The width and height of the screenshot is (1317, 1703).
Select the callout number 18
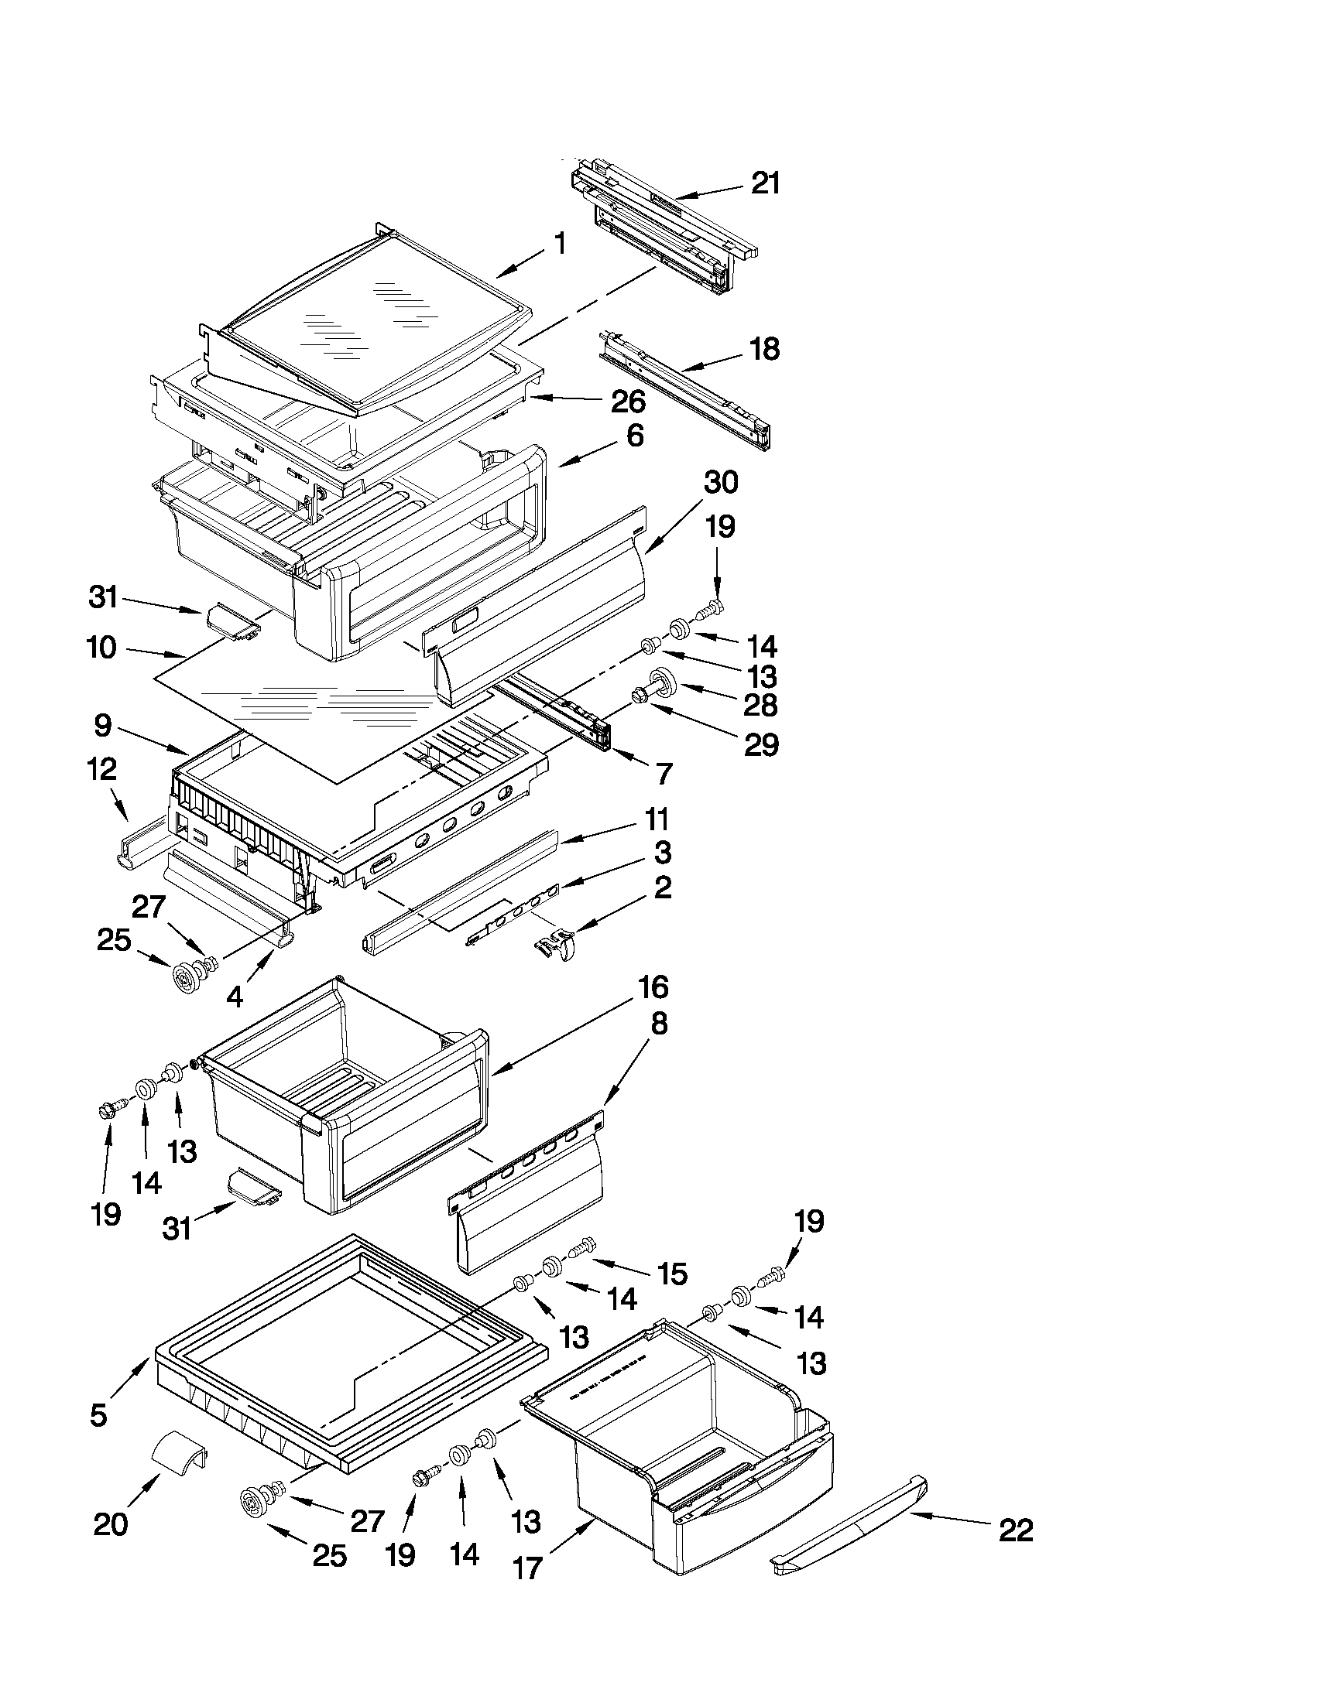click(764, 349)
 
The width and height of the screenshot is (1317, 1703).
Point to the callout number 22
click(1015, 1530)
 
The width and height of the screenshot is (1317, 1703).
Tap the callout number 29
click(761, 744)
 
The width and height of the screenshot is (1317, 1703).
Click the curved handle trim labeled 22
click(850, 1528)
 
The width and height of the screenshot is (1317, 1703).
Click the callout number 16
click(653, 988)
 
